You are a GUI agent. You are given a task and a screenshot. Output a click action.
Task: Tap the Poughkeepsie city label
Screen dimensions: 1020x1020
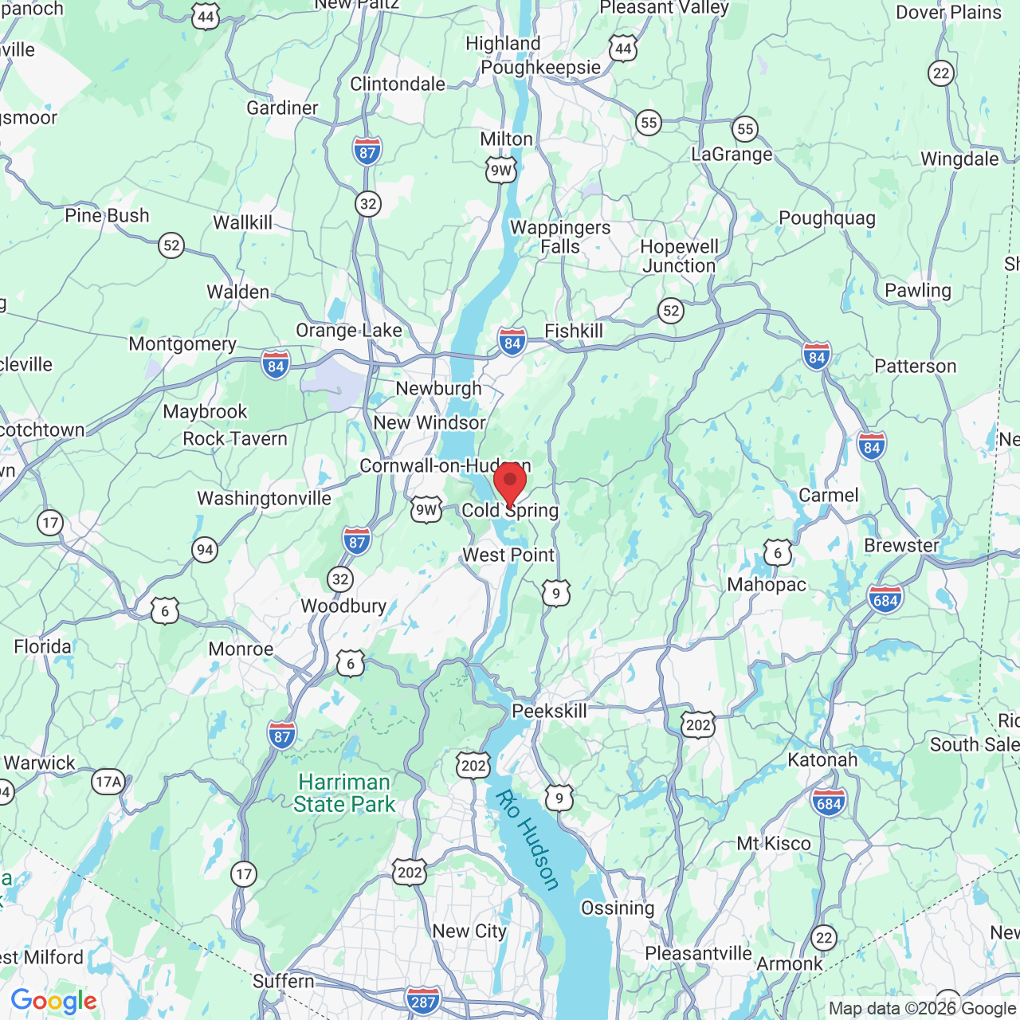[x=540, y=68]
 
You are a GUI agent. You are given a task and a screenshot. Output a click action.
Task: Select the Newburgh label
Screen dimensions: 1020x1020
[x=438, y=389]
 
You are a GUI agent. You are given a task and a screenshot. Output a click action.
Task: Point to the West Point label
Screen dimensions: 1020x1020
[x=508, y=555]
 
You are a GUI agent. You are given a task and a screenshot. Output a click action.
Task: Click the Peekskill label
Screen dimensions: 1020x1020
[x=549, y=711]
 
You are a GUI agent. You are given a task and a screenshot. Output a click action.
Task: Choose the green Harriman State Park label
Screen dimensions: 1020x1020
[x=344, y=794]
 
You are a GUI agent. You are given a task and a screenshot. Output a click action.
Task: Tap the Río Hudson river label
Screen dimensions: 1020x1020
[x=528, y=839]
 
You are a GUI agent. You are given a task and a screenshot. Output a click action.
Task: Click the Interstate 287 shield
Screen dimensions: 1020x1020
[x=422, y=1001]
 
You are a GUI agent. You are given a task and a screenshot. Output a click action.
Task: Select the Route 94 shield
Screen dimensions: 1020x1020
[x=205, y=550]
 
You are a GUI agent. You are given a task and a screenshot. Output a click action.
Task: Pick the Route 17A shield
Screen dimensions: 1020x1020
[x=108, y=782]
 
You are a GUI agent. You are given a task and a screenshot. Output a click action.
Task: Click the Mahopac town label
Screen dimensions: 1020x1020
[x=767, y=585]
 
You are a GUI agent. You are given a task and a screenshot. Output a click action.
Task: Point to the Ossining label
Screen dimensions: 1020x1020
[x=618, y=908]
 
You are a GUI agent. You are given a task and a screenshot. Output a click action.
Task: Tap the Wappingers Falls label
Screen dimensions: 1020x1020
[x=560, y=237]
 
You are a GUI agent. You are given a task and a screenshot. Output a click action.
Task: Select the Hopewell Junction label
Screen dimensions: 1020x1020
[x=680, y=257]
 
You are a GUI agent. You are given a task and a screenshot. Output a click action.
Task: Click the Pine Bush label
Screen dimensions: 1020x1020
[x=107, y=216]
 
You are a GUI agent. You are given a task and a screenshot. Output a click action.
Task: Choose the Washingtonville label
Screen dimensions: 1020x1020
[x=264, y=499]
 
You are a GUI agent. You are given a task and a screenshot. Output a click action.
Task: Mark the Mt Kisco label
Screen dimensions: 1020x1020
[x=773, y=844]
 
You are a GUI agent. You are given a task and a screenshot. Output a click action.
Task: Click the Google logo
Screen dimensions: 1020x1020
[x=53, y=1002]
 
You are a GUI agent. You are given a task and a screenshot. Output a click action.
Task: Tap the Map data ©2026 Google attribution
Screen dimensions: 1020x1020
[x=922, y=1009]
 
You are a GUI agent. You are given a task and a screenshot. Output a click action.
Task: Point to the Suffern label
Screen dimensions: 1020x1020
[x=283, y=982]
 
